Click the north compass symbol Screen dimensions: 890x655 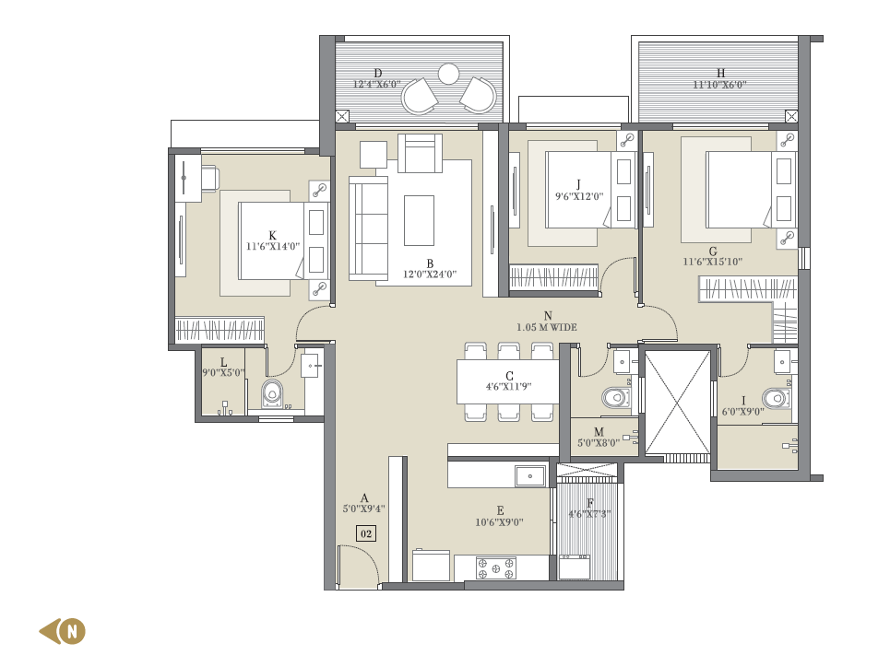point(63,631)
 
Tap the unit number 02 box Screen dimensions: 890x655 point(366,533)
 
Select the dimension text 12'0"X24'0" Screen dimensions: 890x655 point(430,275)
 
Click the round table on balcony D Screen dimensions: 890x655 point(448,74)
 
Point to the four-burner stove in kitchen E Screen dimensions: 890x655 point(496,568)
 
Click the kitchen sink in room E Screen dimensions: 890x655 point(530,476)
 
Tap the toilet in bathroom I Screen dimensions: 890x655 point(776,398)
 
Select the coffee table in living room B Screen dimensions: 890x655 point(419,220)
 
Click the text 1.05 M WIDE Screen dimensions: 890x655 point(547,327)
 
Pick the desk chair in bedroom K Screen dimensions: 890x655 point(208,178)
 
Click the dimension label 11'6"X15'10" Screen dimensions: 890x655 point(712,262)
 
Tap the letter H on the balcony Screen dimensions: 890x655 point(720,73)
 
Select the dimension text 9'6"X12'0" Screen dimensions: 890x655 point(579,197)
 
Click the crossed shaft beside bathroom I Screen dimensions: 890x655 point(678,403)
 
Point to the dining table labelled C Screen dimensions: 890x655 point(508,382)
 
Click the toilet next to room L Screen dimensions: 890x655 point(272,393)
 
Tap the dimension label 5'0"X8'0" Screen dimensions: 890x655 point(599,443)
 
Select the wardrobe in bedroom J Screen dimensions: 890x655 point(554,277)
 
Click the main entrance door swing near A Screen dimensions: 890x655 point(360,563)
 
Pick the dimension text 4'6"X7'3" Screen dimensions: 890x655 point(589,514)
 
